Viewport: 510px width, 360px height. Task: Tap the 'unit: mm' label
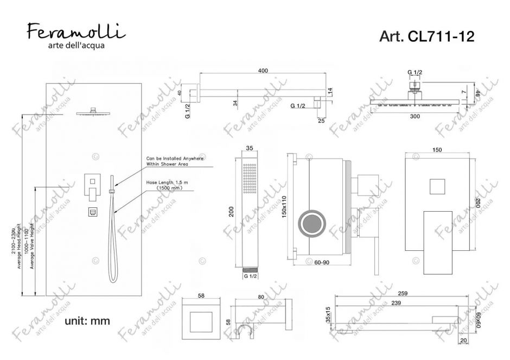[x=87, y=321]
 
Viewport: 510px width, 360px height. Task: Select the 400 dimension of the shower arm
[x=263, y=71]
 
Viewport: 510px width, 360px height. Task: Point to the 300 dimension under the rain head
[x=415, y=116]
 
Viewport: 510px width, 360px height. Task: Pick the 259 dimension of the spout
[x=402, y=293]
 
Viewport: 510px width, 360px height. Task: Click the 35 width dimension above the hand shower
[x=250, y=147]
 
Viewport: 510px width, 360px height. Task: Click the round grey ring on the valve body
[x=313, y=223]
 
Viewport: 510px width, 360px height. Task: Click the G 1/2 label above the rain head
[x=415, y=72]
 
